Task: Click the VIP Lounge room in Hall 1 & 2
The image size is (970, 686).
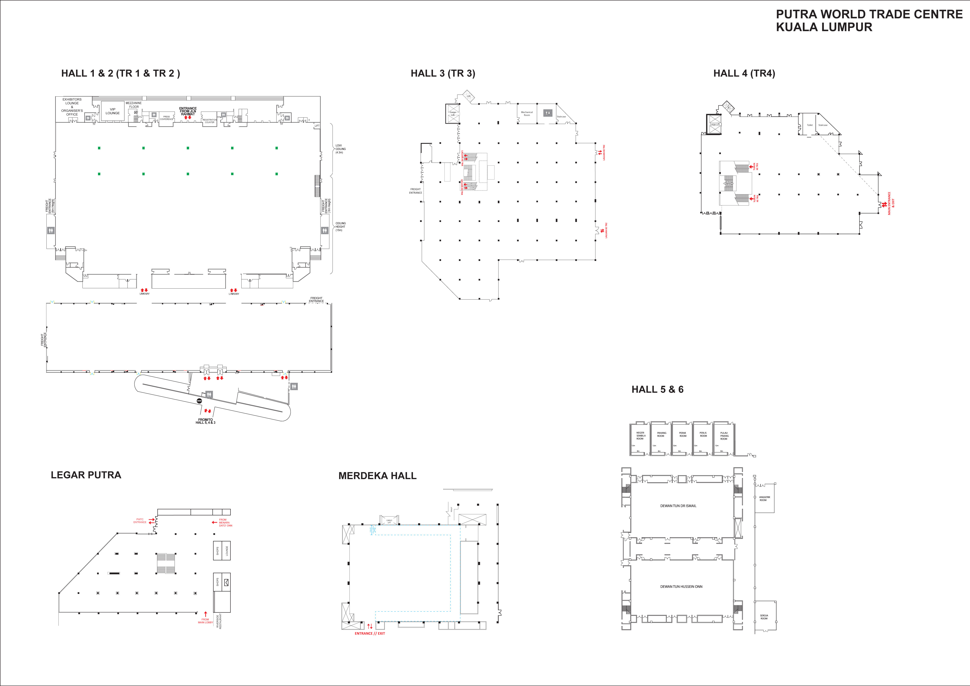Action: coord(112,111)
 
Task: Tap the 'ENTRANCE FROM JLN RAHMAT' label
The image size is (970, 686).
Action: coord(188,111)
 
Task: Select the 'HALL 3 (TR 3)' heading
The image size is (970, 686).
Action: coord(443,74)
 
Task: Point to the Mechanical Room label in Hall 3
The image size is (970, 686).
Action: coord(527,114)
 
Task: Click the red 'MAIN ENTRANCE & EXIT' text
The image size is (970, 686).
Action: coord(891,204)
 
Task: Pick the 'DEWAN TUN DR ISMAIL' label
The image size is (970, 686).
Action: coord(678,506)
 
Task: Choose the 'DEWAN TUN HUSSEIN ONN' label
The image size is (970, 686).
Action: coord(681,586)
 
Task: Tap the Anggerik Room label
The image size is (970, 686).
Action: coord(764,498)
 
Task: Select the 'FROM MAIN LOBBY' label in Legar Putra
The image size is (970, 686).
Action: coord(205,621)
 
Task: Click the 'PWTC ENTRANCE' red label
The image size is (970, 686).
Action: coord(140,521)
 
